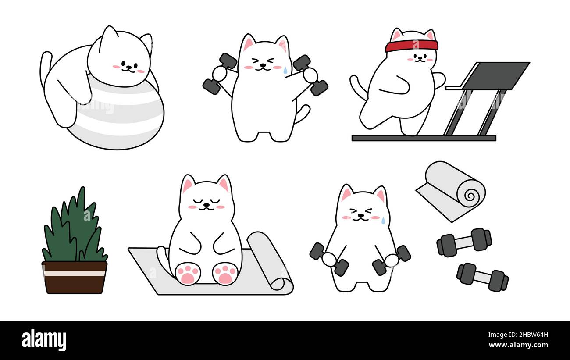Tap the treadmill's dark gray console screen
click(495, 75)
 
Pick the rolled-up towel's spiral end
click(470, 193)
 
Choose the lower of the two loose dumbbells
click(482, 277)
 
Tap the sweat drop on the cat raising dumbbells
click(285, 70)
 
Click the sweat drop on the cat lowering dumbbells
click(383, 220)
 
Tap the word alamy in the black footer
click(44, 340)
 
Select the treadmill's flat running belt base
click(424, 138)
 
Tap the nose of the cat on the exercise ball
click(128, 67)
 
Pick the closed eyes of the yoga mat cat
click(206, 201)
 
